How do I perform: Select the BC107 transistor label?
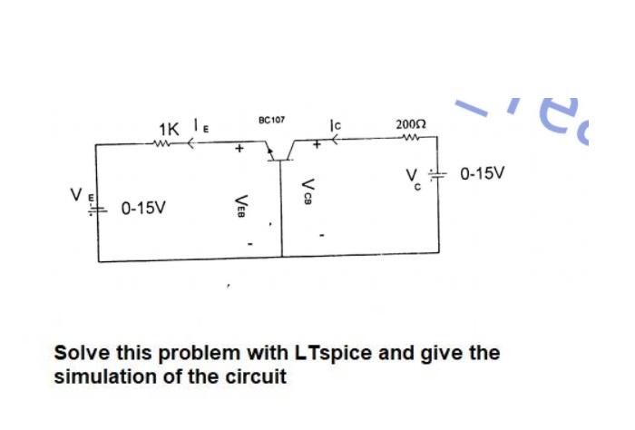(271, 120)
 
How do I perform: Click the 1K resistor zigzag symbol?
(164, 142)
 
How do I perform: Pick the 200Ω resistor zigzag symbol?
(410, 139)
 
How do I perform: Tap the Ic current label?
(336, 123)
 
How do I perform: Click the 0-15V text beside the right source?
(485, 172)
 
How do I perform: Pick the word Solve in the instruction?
(82, 352)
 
